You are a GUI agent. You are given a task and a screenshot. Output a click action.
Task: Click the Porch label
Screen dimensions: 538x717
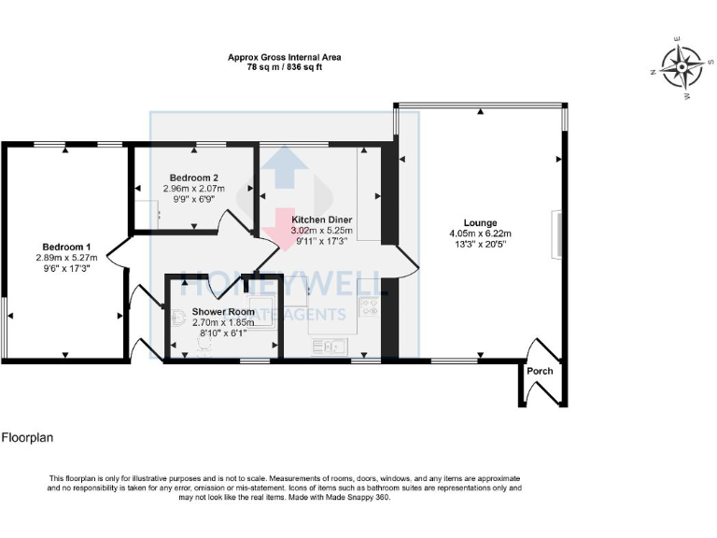point(540,371)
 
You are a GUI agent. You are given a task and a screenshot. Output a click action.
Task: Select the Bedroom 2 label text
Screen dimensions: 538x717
point(193,177)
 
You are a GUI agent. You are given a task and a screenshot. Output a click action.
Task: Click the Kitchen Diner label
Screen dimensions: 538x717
point(320,218)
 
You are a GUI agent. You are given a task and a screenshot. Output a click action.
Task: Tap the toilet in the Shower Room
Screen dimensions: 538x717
point(205,346)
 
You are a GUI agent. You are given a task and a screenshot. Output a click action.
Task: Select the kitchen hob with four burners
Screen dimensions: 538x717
point(368,305)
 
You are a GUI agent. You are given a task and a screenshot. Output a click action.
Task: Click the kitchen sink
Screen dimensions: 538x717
point(328,347)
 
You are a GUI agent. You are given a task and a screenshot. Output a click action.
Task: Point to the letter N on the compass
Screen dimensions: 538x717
point(652,70)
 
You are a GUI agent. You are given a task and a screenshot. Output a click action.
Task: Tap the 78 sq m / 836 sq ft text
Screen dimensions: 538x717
point(284,68)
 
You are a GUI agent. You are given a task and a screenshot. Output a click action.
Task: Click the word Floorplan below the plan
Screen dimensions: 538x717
point(25,437)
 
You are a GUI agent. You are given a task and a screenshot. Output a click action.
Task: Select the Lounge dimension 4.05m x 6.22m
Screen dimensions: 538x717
point(480,234)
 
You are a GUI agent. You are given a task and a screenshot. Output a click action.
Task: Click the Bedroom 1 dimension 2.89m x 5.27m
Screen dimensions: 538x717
point(66,258)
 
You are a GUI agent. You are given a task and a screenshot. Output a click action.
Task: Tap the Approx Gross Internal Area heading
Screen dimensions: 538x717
point(284,57)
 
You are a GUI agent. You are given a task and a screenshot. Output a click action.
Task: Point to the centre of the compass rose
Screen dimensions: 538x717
point(680,65)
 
